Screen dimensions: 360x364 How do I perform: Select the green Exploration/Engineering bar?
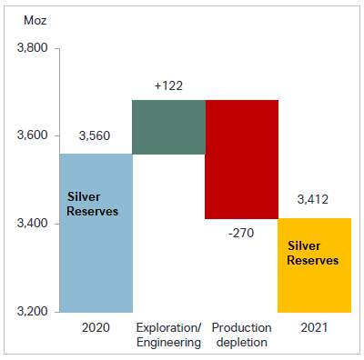click(x=168, y=126)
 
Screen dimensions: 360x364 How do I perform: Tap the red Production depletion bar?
click(x=241, y=159)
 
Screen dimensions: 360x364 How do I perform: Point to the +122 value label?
click(x=169, y=85)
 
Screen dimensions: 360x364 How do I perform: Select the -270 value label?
click(x=242, y=232)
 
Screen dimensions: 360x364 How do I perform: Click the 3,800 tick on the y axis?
click(x=33, y=48)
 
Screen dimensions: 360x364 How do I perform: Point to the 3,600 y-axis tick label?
click(x=33, y=136)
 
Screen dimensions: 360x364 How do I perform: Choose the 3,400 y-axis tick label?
click(x=33, y=224)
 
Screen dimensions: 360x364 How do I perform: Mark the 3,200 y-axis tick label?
click(x=33, y=312)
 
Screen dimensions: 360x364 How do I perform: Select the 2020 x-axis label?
click(x=96, y=326)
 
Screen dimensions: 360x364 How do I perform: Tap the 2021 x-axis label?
click(x=314, y=326)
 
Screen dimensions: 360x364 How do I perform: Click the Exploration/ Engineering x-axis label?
click(x=168, y=334)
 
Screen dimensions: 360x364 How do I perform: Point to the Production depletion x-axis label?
click(x=241, y=334)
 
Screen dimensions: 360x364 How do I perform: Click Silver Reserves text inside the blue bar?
click(x=94, y=204)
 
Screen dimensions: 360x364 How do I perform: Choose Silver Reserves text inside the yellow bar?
click(x=313, y=253)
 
